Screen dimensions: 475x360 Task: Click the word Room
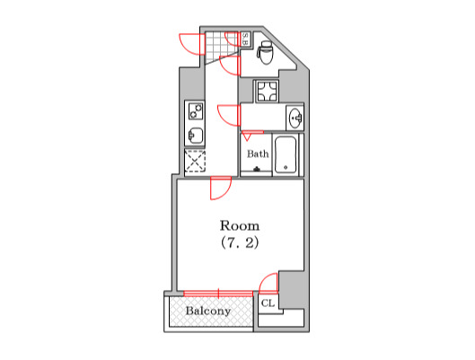coord(240,226)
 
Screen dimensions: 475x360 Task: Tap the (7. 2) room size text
coord(240,242)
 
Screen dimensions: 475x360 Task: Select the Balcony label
coord(208,311)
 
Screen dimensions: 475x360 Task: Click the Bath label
coord(258,154)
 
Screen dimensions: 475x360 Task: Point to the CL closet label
coord(268,303)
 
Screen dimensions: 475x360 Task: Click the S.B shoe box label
coord(245,39)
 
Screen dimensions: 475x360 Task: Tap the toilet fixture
coord(266,52)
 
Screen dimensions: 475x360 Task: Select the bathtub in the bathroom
coord(286,154)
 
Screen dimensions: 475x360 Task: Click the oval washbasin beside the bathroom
coord(295,118)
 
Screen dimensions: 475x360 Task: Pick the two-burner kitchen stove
coord(196,110)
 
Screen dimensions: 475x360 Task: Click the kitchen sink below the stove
coord(196,136)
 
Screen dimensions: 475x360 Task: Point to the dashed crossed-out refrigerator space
coord(195,161)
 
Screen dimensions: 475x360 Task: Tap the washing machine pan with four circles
coord(267,92)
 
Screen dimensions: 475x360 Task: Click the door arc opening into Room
coord(225,193)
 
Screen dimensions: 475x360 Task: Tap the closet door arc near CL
coord(265,278)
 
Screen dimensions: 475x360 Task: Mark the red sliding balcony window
coord(218,293)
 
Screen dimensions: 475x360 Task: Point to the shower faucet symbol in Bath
coord(257,170)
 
